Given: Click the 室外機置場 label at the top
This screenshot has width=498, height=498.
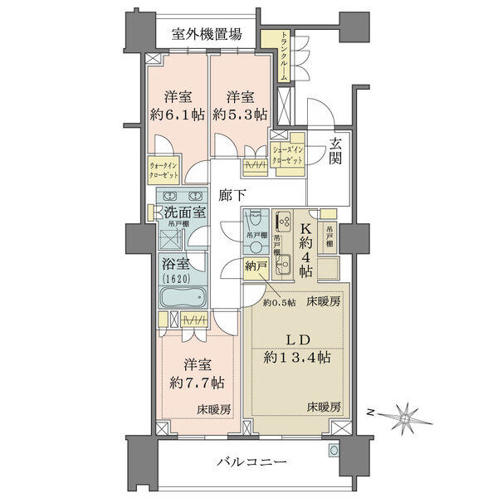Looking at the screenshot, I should pyautogui.click(x=207, y=35).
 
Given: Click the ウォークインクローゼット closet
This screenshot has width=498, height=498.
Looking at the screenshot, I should pyautogui.click(x=164, y=171).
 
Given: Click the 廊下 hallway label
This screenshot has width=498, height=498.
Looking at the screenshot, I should pyautogui.click(x=232, y=197).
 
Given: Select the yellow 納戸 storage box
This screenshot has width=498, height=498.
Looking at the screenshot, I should pyautogui.click(x=256, y=267).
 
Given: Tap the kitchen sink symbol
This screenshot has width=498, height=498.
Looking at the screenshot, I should pyautogui.click(x=281, y=269).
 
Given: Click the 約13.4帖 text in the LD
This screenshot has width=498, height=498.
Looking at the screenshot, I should pyautogui.click(x=300, y=358).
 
